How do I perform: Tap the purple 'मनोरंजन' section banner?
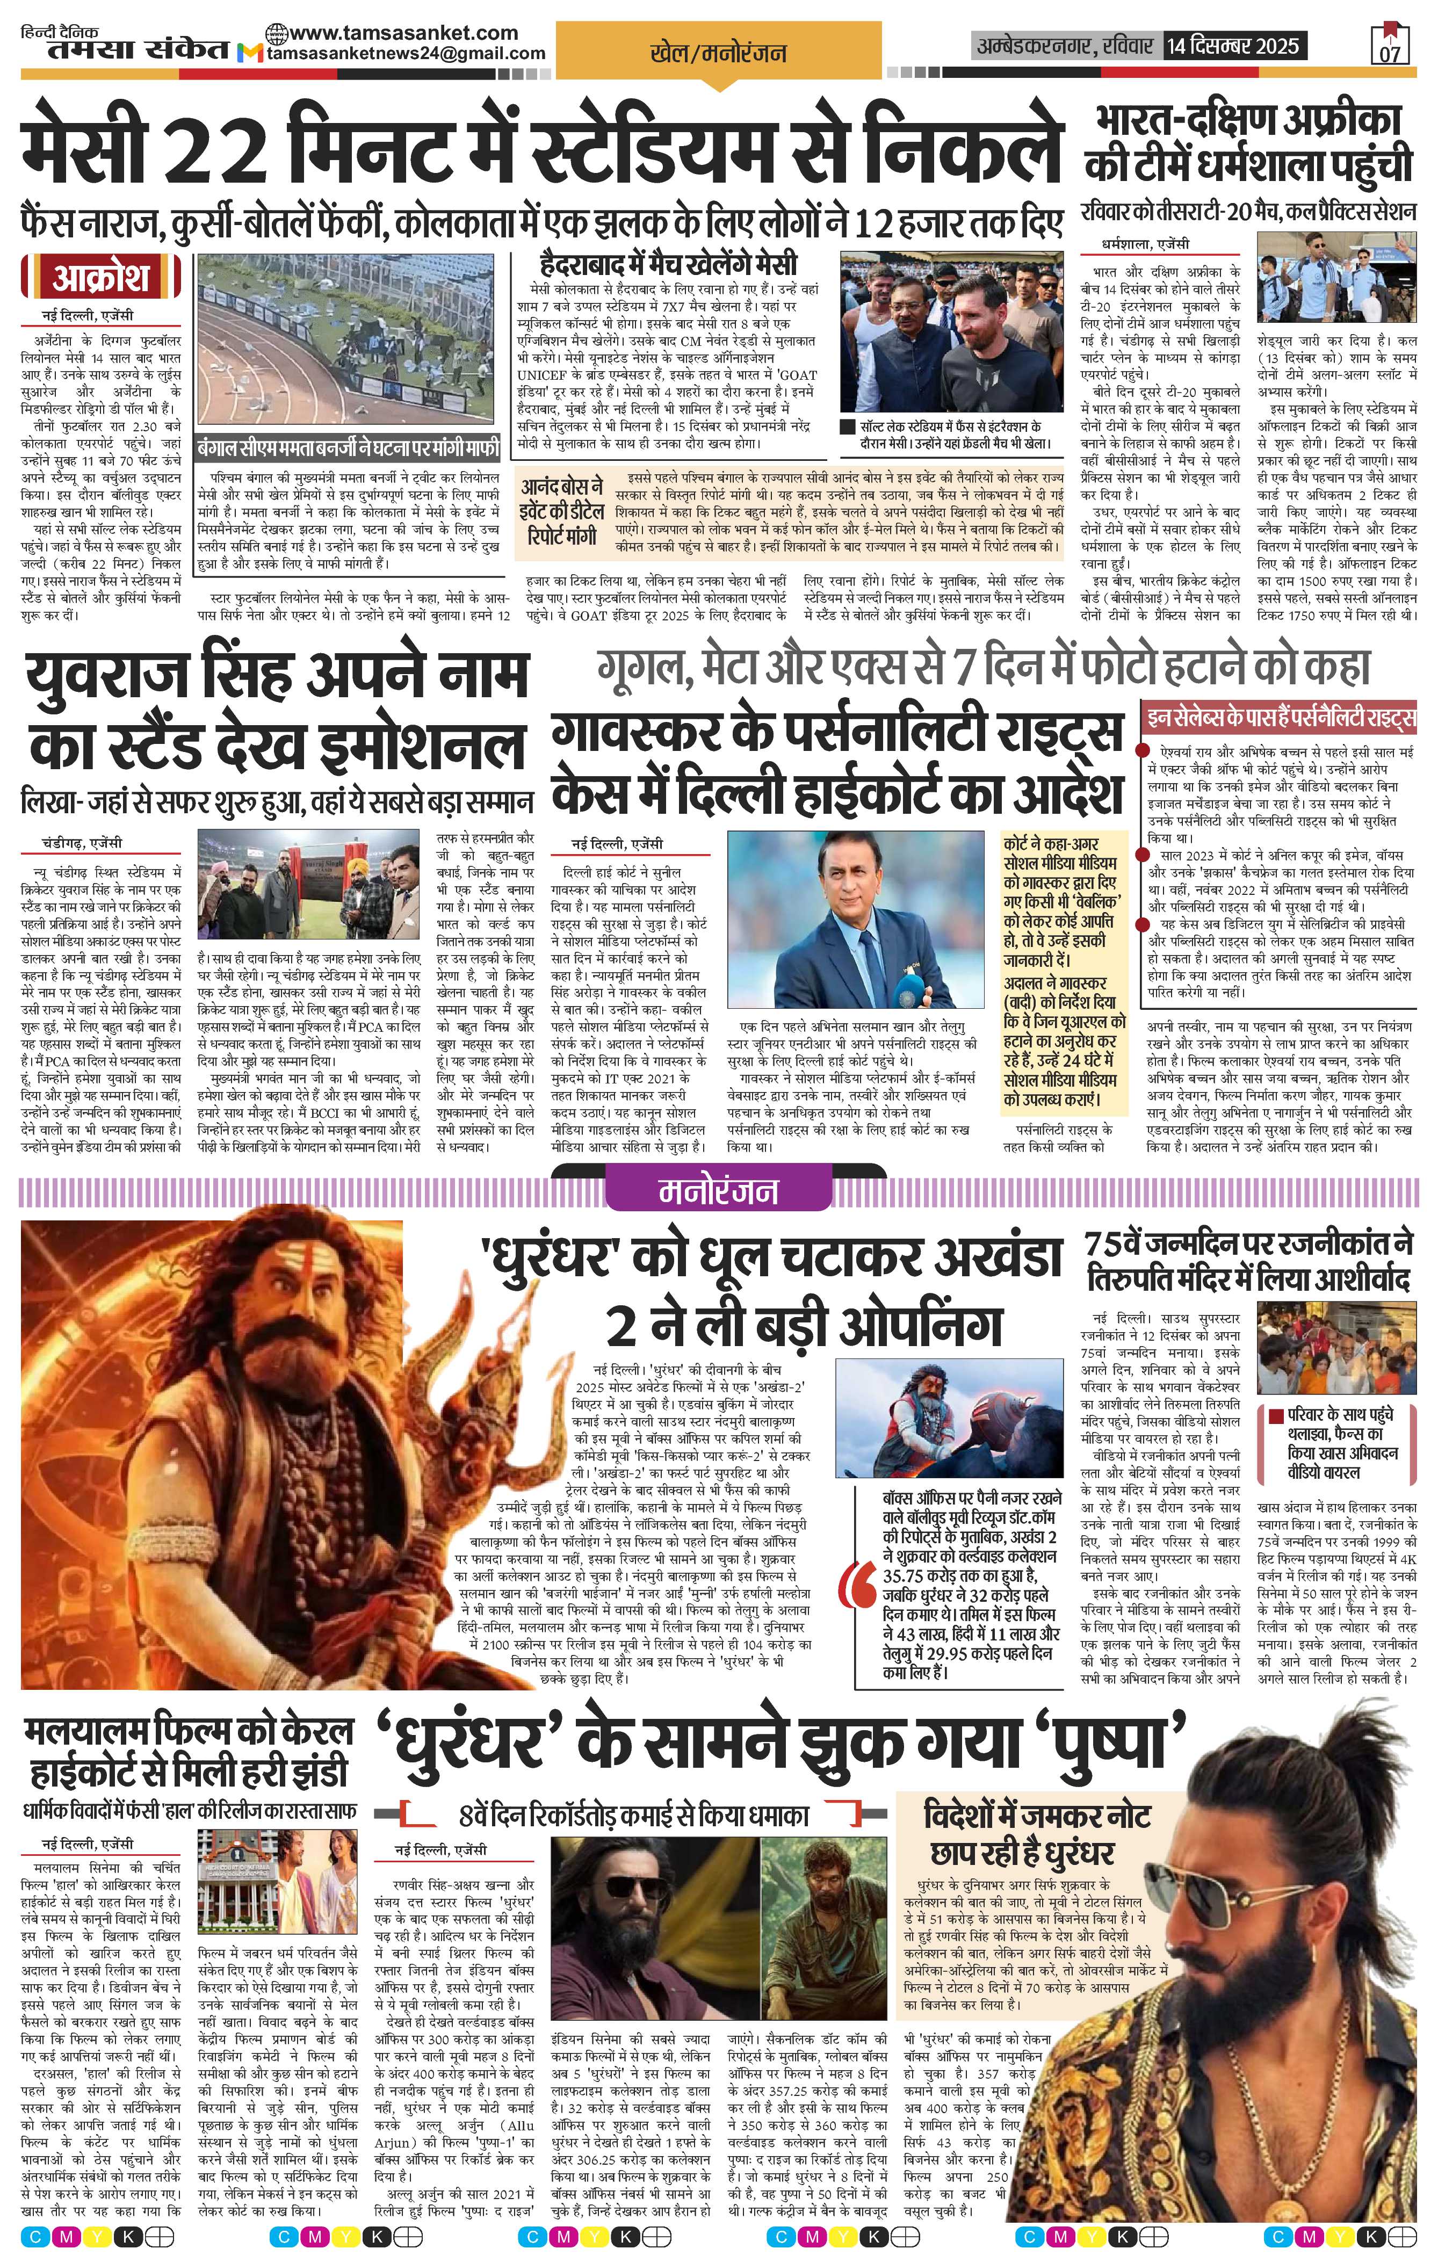click(718, 1191)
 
